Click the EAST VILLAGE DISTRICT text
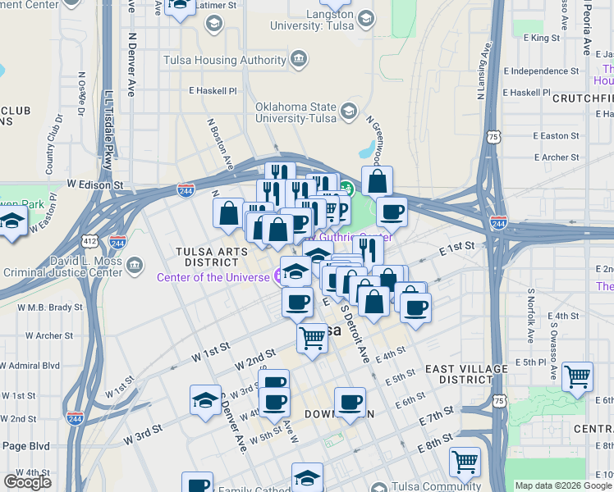click(465, 374)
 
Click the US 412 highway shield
click(89, 242)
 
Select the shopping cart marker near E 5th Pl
click(578, 376)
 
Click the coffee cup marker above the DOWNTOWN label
click(351, 402)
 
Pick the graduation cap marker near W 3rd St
click(205, 399)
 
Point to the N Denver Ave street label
click(131, 66)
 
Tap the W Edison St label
click(94, 186)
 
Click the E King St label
click(540, 38)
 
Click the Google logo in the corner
click(28, 481)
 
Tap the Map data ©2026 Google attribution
click(562, 485)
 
